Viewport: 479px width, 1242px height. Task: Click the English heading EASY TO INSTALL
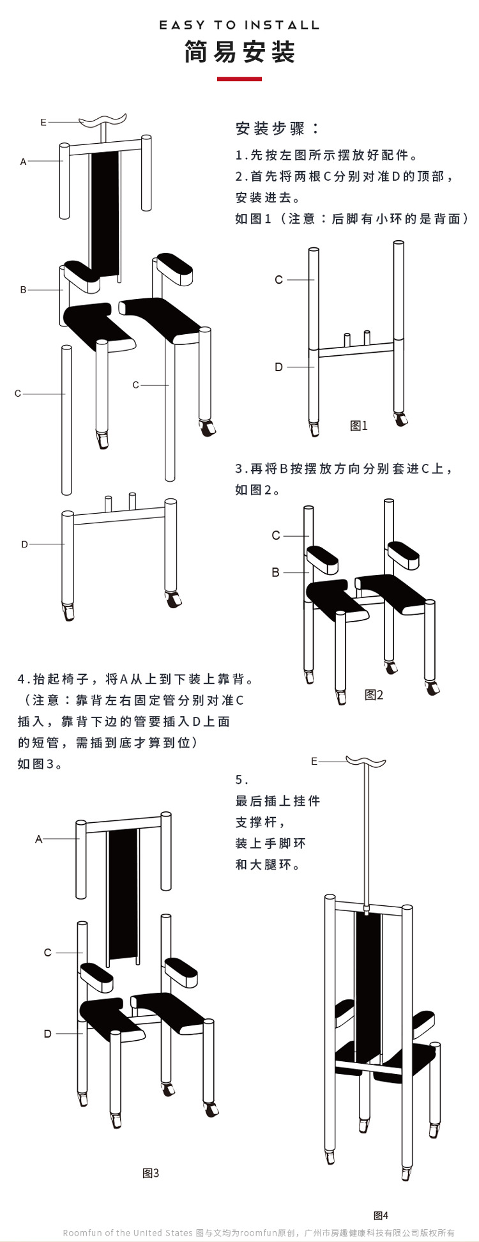point(240,25)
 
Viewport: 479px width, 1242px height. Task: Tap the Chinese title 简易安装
point(240,52)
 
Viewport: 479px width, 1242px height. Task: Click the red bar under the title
point(240,79)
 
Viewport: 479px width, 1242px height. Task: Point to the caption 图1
point(359,426)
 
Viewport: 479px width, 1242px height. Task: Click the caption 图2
point(374,695)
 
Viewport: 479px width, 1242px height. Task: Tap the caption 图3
point(151,1173)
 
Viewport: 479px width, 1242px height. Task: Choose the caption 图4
point(381,1216)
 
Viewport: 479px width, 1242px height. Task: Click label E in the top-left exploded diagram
point(43,122)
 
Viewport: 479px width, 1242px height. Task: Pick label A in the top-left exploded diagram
point(24,162)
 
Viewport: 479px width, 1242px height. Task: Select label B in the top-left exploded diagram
point(24,289)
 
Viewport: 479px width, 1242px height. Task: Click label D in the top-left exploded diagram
point(24,544)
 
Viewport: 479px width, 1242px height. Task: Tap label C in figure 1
point(278,280)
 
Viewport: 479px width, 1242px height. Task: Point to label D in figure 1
point(278,367)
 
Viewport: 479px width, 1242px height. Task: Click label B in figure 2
point(276,572)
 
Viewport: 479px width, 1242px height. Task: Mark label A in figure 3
point(39,839)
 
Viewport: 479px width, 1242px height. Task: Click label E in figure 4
point(314,761)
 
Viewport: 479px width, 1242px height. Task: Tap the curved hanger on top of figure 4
point(366,761)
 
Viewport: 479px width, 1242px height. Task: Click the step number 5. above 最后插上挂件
point(241,780)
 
